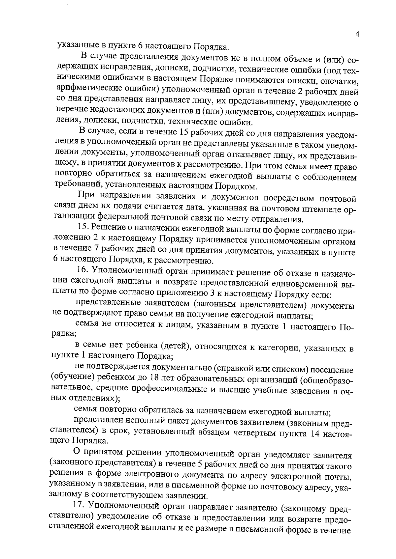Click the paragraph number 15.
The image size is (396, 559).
pos(82,227)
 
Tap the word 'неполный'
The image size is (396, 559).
pos(130,422)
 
